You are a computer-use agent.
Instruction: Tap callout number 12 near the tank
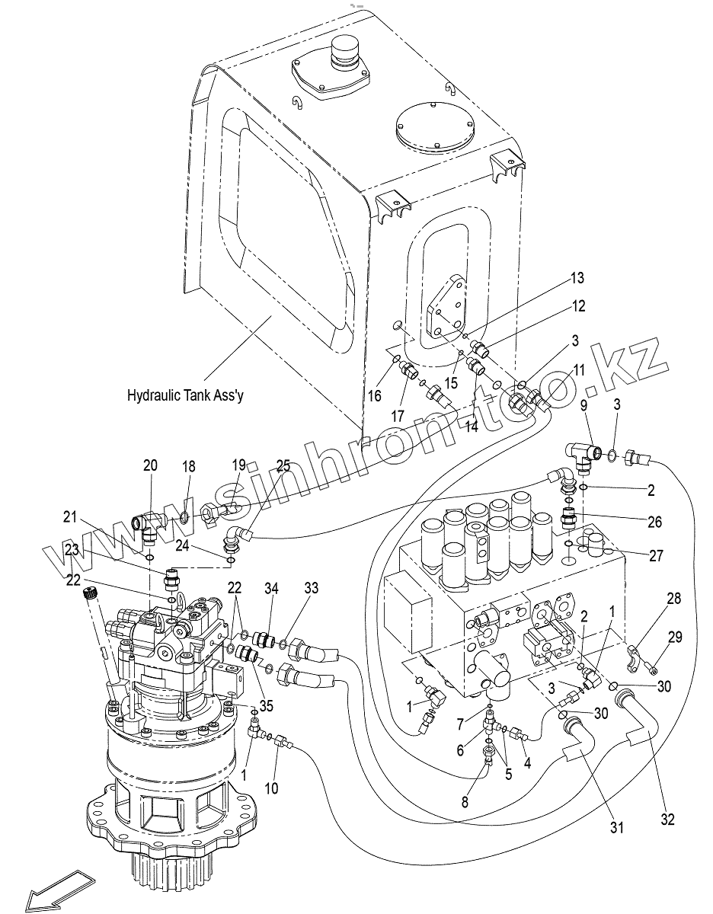tap(579, 306)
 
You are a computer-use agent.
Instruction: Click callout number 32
tap(668, 820)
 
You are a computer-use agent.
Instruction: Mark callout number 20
tap(150, 466)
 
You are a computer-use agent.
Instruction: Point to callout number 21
tap(71, 519)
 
